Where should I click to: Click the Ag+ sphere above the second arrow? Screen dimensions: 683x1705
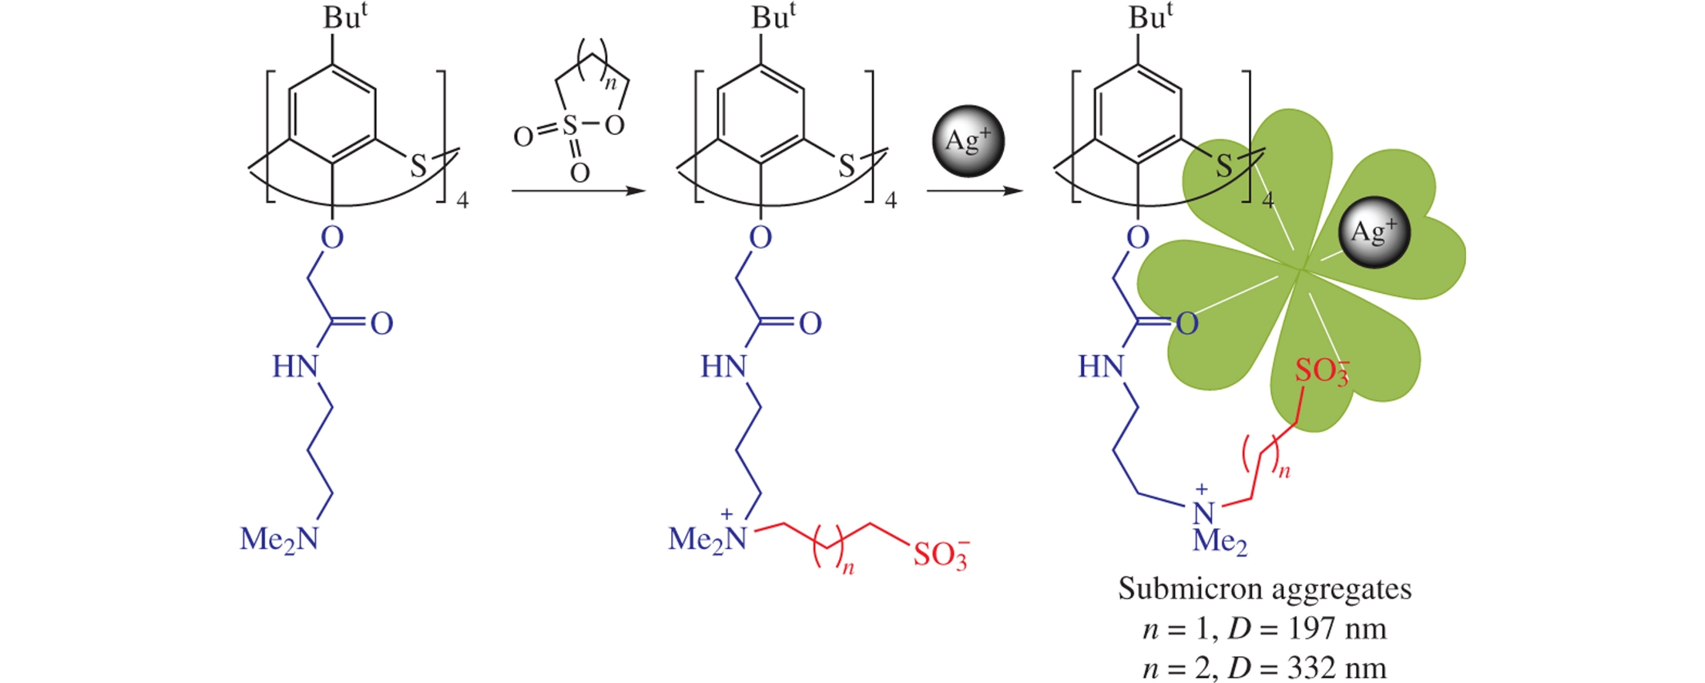[x=968, y=141]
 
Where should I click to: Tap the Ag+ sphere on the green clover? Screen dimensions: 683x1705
[x=1374, y=232]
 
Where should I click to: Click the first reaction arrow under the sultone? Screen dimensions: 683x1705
[x=578, y=190]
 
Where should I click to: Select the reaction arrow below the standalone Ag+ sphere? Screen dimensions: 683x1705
[x=975, y=190]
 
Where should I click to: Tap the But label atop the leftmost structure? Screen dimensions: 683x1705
[x=344, y=17]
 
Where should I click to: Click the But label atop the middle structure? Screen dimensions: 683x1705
[x=773, y=17]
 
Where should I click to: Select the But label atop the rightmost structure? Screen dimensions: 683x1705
[x=1150, y=17]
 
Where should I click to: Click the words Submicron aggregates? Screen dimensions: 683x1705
[x=1264, y=589]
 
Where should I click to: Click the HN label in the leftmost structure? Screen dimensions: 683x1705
[x=295, y=366]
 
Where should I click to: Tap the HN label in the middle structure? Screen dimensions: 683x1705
[x=723, y=366]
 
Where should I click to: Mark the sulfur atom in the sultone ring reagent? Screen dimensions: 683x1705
[x=570, y=125]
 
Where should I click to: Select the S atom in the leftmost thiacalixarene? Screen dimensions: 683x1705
[x=418, y=166]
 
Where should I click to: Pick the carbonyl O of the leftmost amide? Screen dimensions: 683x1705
[x=381, y=324]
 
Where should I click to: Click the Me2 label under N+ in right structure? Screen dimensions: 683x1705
[x=1219, y=541]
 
